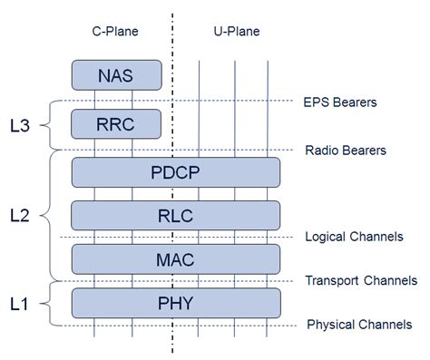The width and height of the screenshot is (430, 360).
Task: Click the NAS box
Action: (116, 74)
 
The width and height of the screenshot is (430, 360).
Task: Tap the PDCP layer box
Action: (176, 171)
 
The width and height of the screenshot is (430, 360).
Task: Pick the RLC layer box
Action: (176, 215)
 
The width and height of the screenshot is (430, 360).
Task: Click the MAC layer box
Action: (176, 258)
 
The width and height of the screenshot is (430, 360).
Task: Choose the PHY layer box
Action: (176, 302)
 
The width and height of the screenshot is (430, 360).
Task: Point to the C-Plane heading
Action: (115, 32)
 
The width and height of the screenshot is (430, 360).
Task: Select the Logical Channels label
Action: (355, 237)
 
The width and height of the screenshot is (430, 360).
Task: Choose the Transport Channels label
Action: (361, 280)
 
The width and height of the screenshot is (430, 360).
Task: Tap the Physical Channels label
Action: (359, 324)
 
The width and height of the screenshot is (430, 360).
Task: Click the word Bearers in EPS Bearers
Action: (356, 102)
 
